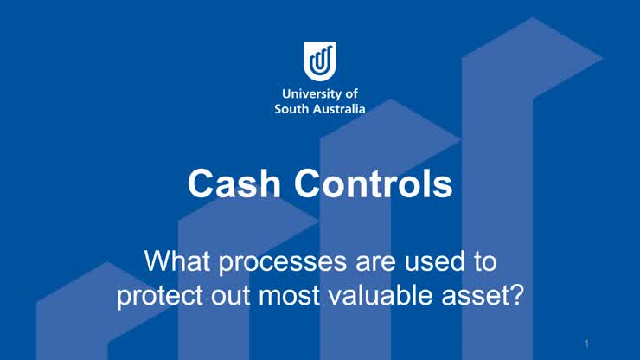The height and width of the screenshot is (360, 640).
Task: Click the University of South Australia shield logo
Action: [320, 61]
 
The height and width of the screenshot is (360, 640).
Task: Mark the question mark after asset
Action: [518, 295]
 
